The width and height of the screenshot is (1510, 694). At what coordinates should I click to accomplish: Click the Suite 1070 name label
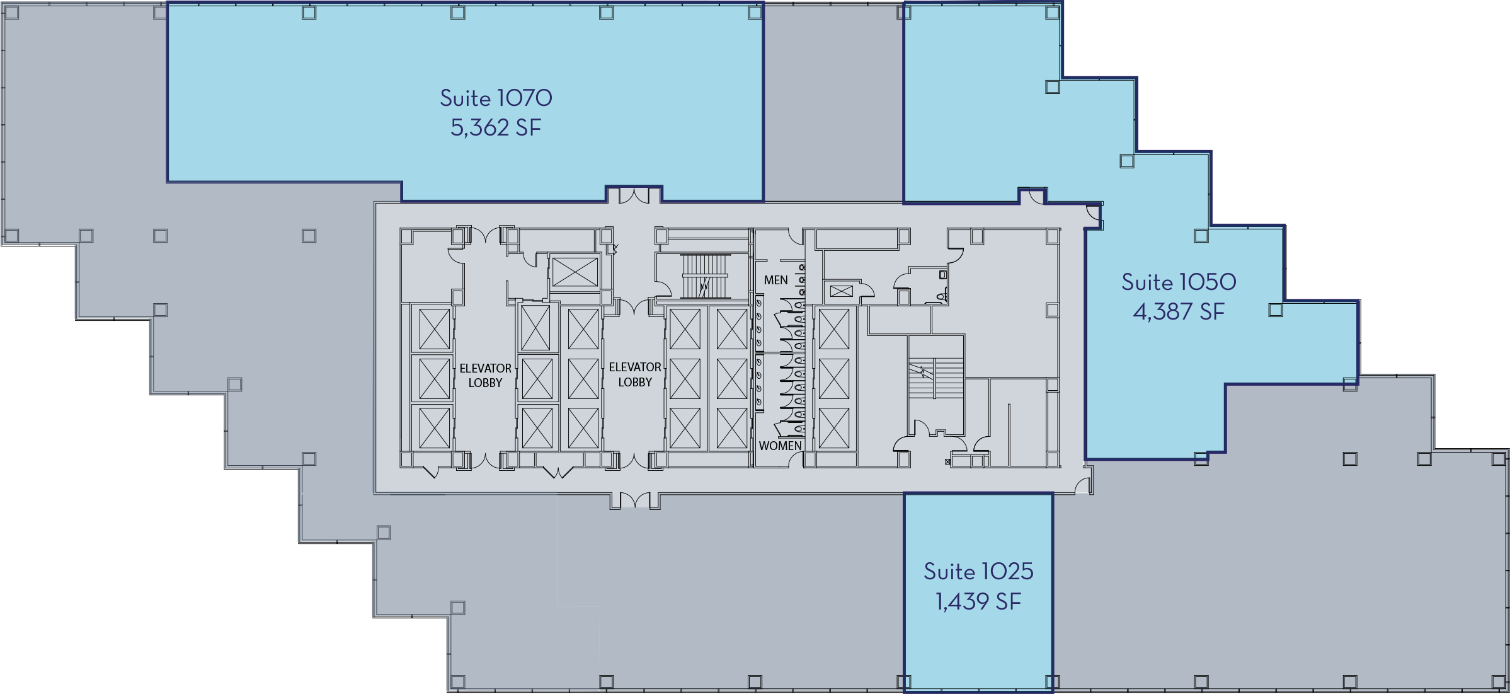[x=496, y=98]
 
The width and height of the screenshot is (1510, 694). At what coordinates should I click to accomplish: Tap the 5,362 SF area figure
[x=496, y=128]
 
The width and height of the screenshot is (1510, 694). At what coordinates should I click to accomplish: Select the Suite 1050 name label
[x=1179, y=282]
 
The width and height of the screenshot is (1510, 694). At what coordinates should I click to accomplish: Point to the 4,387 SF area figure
[x=1179, y=312]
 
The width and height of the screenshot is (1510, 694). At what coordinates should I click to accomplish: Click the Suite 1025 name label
[x=978, y=572]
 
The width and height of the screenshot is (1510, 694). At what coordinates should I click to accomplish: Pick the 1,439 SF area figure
[x=978, y=602]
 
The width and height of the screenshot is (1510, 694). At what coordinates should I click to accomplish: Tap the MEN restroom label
[x=775, y=280]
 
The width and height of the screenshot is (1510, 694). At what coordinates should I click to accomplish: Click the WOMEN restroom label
[x=780, y=446]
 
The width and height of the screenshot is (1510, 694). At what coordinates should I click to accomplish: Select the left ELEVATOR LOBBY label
[x=485, y=375]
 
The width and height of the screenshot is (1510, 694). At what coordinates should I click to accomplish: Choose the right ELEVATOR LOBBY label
[x=635, y=374]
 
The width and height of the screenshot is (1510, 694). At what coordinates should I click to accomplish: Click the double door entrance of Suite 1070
[x=634, y=195]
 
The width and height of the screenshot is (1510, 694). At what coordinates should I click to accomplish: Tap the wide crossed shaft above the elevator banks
[x=575, y=272]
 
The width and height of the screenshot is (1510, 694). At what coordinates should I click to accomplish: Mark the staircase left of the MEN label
[x=705, y=276]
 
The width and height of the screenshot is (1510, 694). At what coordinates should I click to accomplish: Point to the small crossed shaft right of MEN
[x=841, y=291]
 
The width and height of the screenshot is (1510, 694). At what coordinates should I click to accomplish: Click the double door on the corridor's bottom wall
[x=635, y=500]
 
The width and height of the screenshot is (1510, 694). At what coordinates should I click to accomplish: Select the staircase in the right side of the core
[x=935, y=377]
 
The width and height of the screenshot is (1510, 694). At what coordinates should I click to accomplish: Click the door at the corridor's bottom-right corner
[x=1082, y=485]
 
